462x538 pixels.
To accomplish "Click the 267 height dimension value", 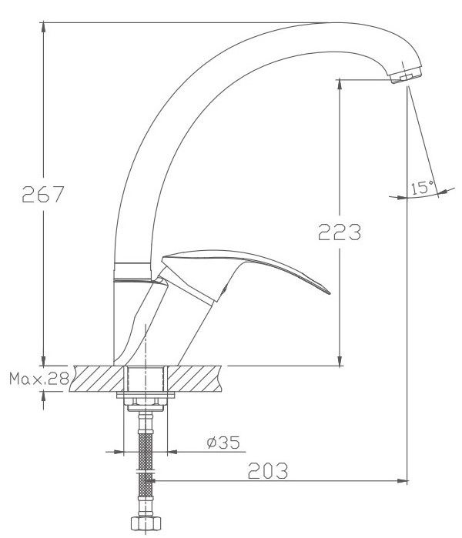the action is pos(43,194).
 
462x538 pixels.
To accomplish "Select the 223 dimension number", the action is pos(339,232).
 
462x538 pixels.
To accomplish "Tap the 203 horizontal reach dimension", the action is pos(268,470).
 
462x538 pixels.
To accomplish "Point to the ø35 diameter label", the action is pos(223,443).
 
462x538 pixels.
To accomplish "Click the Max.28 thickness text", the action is pos(39,379).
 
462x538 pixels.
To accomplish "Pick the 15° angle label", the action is pos(422,187).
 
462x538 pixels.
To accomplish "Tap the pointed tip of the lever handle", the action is pos(330,294).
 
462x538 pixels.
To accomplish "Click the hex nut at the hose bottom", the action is pos(146,523).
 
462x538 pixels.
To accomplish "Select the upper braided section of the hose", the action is pos(146,451).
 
